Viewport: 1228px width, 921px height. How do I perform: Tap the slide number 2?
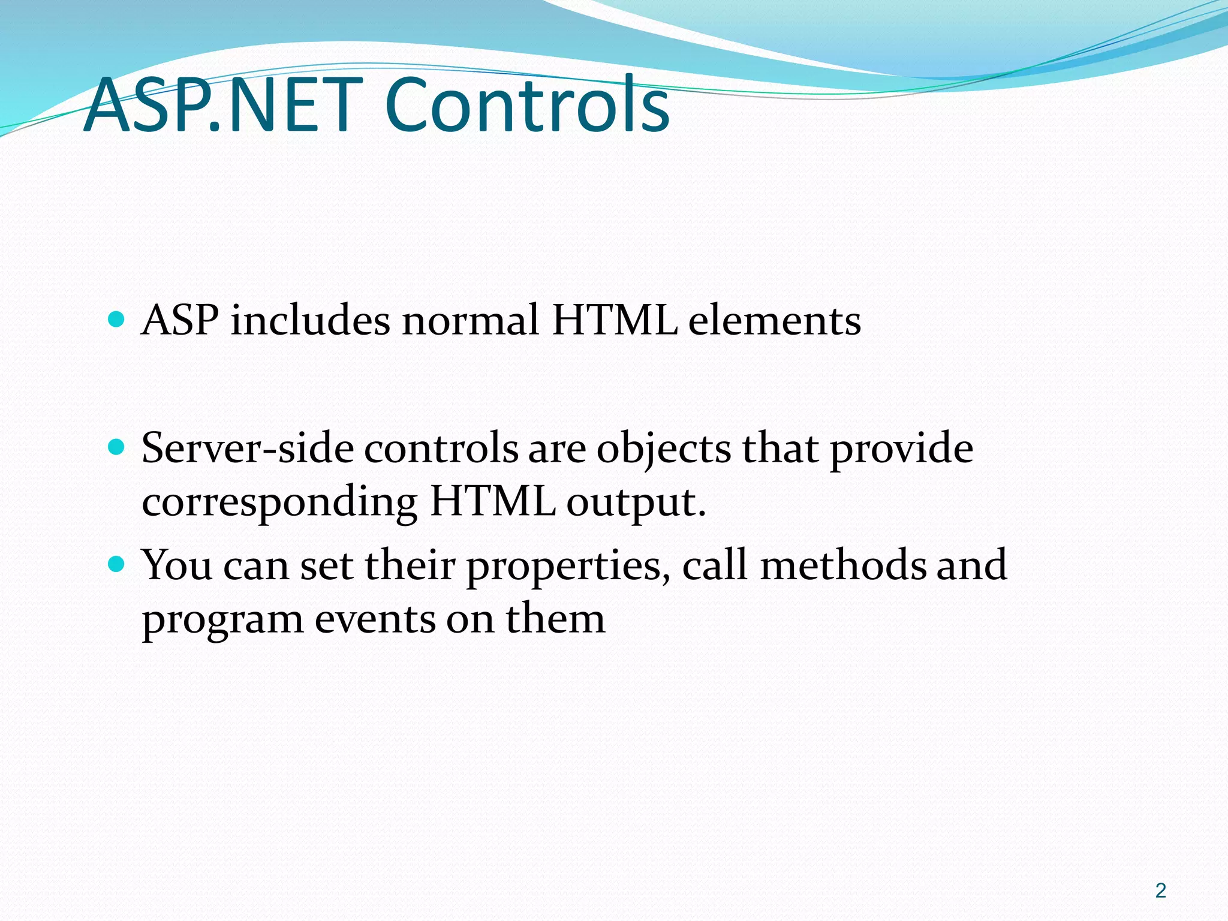[x=1161, y=890]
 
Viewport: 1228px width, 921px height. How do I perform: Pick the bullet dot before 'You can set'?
[x=116, y=564]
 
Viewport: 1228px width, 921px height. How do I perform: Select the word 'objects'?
[x=663, y=450]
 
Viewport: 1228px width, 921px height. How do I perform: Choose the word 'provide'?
[x=901, y=450]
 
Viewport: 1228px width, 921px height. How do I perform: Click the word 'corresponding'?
[x=279, y=502]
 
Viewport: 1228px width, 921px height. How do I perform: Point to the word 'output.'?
[x=636, y=502]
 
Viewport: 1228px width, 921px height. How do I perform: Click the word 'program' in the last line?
[x=222, y=620]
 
